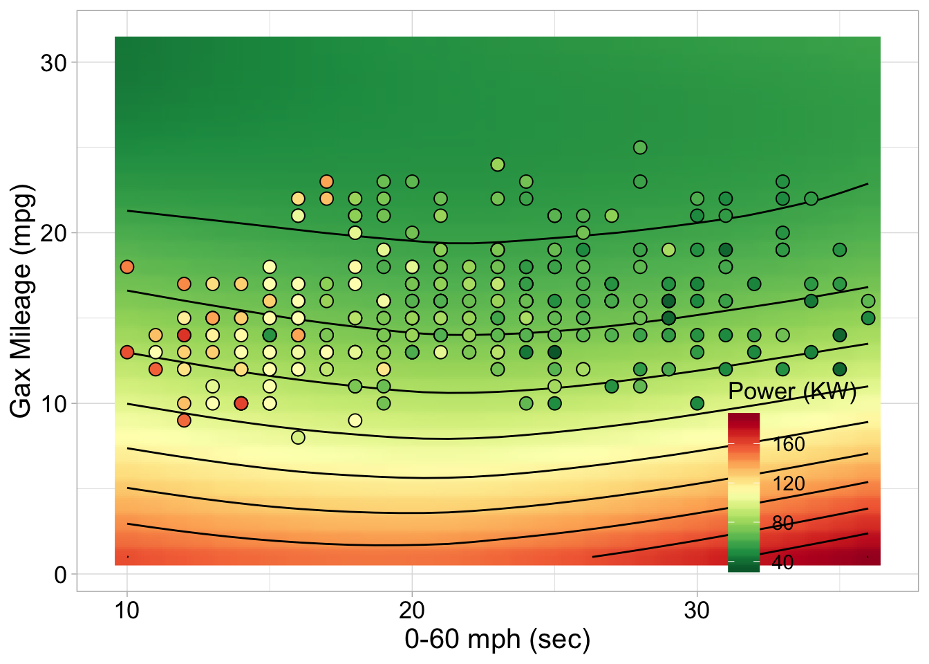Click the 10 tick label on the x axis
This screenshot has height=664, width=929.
tap(126, 611)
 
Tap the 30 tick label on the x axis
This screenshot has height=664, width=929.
tap(697, 611)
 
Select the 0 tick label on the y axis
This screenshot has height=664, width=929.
tap(60, 575)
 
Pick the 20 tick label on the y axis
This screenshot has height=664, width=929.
tap(53, 233)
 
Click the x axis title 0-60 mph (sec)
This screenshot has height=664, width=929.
tap(497, 639)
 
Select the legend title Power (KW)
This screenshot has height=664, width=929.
tap(792, 391)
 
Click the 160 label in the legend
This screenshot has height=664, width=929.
tap(789, 444)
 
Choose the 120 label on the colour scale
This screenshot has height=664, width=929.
tap(789, 483)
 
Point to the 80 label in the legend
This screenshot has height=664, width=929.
tap(782, 523)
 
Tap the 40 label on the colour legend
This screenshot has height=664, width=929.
tap(782, 562)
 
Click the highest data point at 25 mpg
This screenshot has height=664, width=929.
tap(640, 147)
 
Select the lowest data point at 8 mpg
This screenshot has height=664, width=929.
tap(298, 437)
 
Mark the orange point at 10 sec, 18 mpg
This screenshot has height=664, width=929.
tap(126, 267)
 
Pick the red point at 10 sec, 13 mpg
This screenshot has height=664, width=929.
tap(126, 352)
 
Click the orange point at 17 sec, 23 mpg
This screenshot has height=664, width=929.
tap(326, 182)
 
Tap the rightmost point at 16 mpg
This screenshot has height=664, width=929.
tap(868, 301)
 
